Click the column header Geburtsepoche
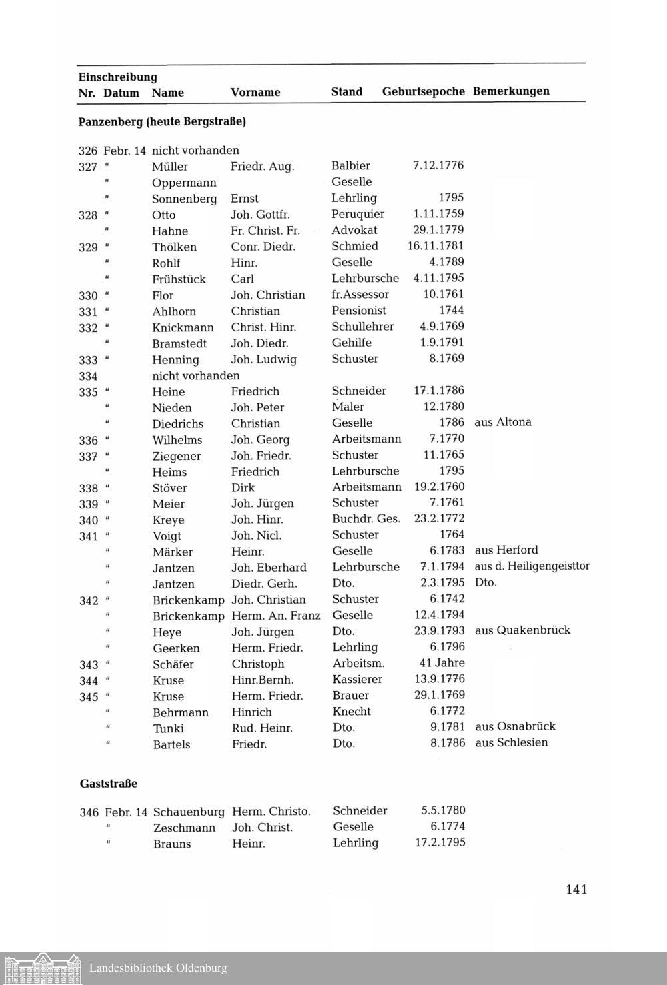(423, 91)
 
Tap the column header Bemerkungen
(511, 91)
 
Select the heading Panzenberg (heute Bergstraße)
(162, 122)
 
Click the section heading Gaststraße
(109, 784)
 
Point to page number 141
(576, 889)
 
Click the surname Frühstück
(179, 279)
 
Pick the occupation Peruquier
(358, 214)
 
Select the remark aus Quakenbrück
(522, 630)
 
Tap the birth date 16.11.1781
(435, 246)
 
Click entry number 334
(88, 376)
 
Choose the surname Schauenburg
(189, 812)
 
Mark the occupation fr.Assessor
(360, 294)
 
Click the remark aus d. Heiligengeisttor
(532, 566)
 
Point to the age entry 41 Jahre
(442, 663)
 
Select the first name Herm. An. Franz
(276, 616)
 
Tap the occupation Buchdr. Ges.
(366, 518)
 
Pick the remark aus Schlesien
(511, 742)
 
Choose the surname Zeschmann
(184, 828)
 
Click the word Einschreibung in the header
(117, 77)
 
